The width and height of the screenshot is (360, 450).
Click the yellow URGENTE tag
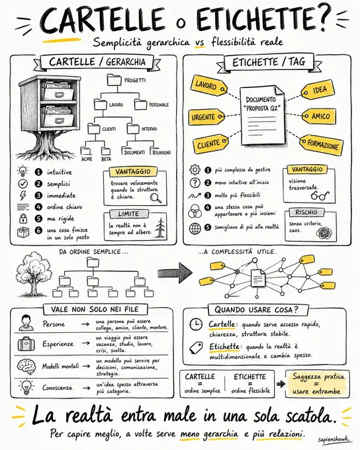206,117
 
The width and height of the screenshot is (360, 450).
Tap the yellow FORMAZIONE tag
321,144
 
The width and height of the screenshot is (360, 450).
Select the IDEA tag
318,90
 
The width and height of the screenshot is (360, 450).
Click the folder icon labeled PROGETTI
114,80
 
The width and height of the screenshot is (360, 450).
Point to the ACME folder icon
86,151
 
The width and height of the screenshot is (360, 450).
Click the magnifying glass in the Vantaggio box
156,198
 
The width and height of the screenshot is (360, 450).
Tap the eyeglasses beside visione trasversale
320,195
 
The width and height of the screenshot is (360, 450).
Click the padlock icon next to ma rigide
23,218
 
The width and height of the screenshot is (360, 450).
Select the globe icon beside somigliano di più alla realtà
195,228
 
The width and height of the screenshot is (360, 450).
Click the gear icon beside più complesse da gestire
195,169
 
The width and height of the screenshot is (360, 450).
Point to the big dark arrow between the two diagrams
175,272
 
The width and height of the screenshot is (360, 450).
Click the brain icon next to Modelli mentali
26,366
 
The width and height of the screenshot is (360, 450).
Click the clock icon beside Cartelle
196,324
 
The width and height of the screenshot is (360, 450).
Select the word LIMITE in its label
128,214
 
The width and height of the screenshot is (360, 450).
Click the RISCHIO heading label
306,212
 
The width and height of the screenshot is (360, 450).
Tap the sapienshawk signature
334,439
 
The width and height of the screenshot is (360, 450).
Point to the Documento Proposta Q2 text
261,104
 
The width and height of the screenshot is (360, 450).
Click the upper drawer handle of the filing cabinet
60,94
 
